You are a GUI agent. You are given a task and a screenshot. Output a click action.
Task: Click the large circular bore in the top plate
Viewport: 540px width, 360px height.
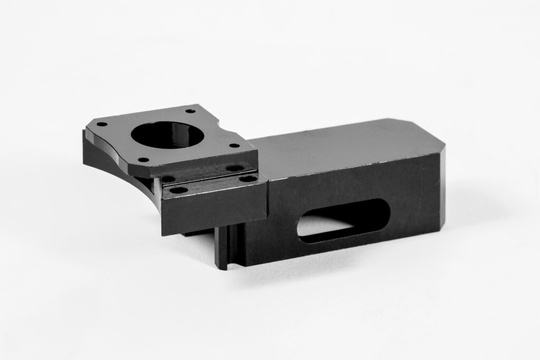(x=167, y=135)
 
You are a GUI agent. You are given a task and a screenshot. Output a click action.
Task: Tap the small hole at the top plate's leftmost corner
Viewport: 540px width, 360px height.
(x=102, y=124)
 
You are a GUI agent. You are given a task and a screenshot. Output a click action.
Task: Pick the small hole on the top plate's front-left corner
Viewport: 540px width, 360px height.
(x=142, y=160)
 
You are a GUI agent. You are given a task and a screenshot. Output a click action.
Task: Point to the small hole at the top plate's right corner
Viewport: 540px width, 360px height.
(x=233, y=146)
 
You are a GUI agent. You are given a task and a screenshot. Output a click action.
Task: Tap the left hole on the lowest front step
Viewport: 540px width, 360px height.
(x=179, y=190)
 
